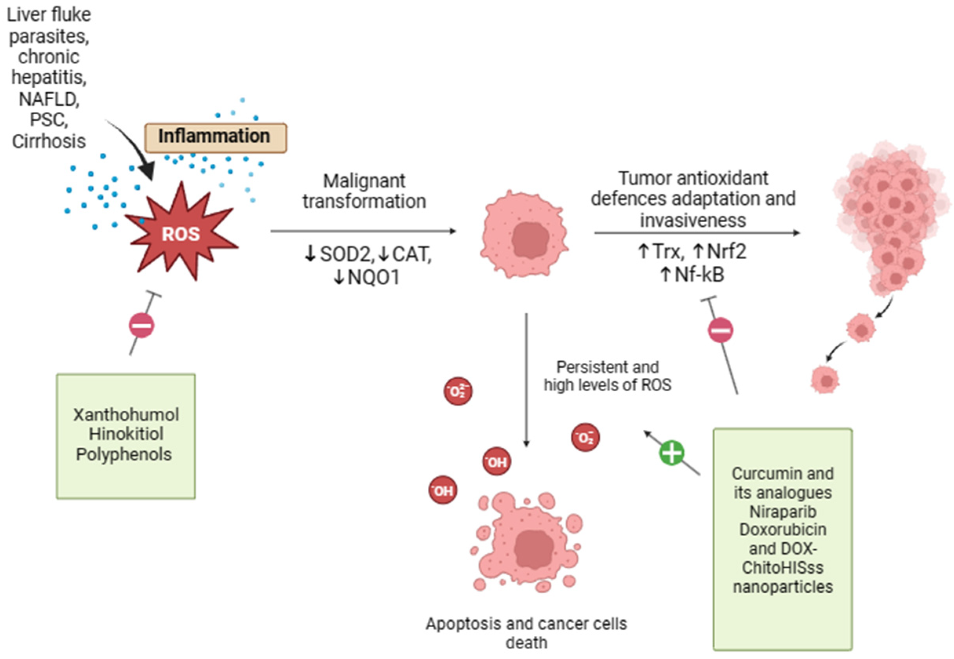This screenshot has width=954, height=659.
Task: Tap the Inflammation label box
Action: [215, 137]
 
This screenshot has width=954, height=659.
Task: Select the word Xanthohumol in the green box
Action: [126, 415]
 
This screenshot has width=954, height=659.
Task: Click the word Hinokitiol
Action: [126, 434]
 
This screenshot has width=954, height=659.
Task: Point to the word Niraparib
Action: [783, 512]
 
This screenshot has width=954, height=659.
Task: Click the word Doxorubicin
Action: [783, 530]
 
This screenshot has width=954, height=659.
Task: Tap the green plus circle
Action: [671, 453]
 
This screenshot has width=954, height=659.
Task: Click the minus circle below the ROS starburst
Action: [142, 326]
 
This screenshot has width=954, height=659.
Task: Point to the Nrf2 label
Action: [726, 251]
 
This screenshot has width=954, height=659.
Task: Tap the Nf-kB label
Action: [699, 275]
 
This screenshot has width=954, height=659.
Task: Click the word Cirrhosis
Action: [49, 142]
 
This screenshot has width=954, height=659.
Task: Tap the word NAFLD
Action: [49, 99]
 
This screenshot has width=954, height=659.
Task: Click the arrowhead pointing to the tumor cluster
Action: [796, 233]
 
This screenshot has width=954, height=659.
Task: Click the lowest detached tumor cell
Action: [824, 380]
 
